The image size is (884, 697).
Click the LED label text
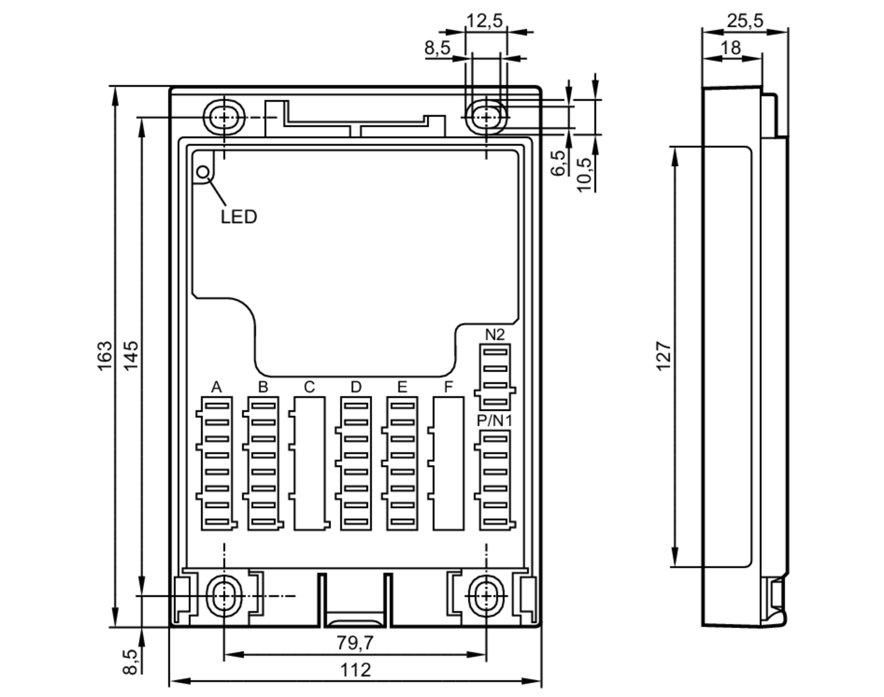[239, 217]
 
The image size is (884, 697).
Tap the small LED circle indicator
[203, 172]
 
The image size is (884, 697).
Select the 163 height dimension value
[105, 356]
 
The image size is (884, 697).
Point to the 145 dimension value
[131, 356]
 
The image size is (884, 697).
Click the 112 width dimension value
[355, 670]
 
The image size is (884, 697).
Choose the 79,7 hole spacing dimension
[355, 643]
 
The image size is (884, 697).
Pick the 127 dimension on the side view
[664, 356]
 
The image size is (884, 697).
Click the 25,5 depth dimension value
[745, 21]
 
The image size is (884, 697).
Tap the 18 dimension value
[731, 48]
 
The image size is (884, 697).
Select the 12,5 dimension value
[485, 20]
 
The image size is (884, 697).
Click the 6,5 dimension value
[558, 163]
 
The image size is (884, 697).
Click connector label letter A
[216, 387]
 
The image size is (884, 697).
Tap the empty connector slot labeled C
[309, 463]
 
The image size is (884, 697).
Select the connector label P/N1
[495, 421]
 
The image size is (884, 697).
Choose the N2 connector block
[495, 377]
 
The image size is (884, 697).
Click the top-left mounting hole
[224, 118]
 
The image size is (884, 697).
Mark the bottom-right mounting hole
[486, 596]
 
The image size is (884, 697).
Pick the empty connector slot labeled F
[448, 463]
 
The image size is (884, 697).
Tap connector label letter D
[356, 387]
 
